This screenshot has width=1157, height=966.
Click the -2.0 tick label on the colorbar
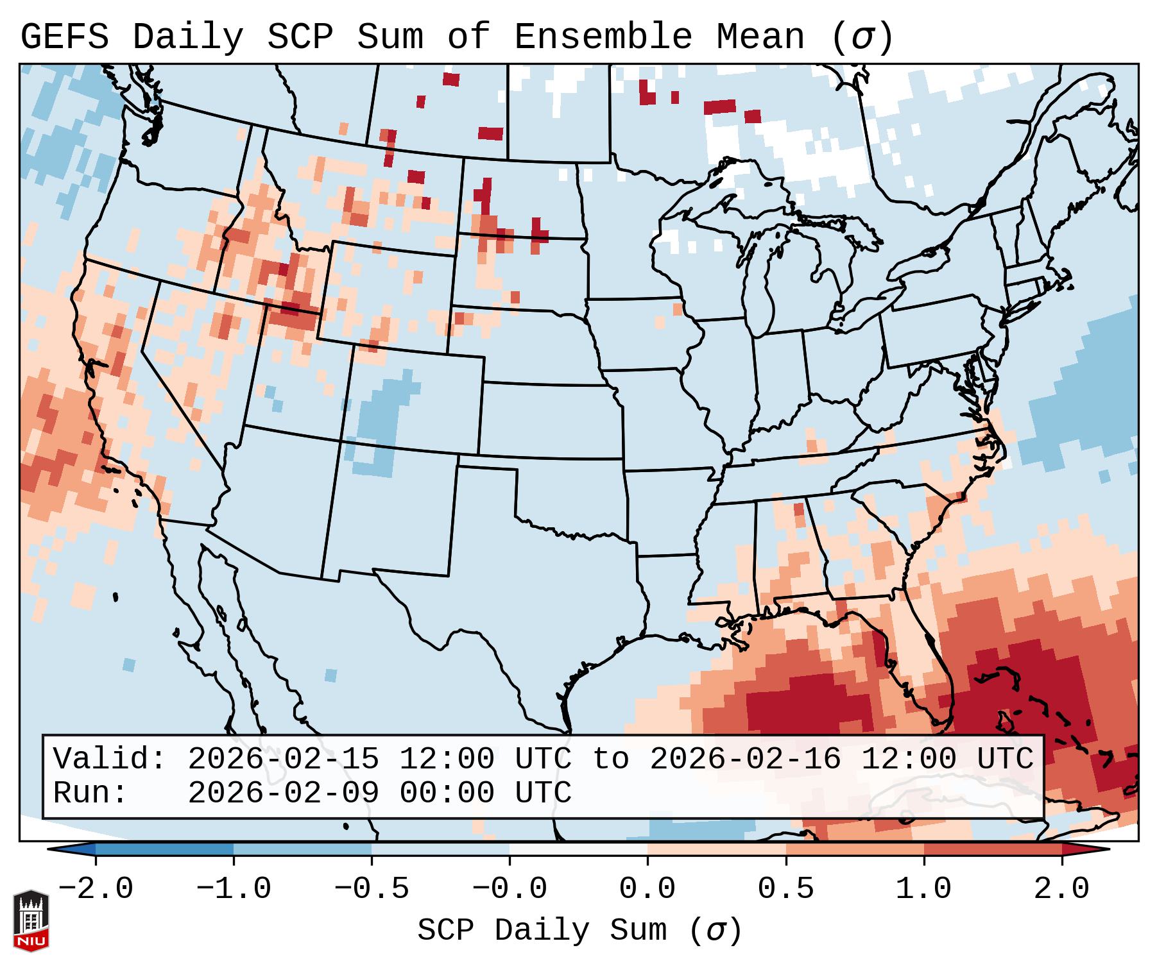96,889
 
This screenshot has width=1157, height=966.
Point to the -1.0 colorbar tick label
234,889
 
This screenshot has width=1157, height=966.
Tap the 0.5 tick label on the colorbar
785,889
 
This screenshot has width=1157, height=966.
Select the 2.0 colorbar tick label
1061,889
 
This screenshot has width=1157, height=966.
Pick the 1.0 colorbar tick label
923,889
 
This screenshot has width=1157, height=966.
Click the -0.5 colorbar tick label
372,889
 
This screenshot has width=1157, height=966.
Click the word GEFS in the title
64,37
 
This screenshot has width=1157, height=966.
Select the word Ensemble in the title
603,37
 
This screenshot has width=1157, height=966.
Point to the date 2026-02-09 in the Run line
283,793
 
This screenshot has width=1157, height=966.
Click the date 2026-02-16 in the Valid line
745,759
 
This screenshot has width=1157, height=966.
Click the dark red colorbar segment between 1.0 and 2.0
992,849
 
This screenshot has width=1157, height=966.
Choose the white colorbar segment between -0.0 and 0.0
578,849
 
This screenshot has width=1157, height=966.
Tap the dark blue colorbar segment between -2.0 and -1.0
164,849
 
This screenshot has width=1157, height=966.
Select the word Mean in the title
760,37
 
